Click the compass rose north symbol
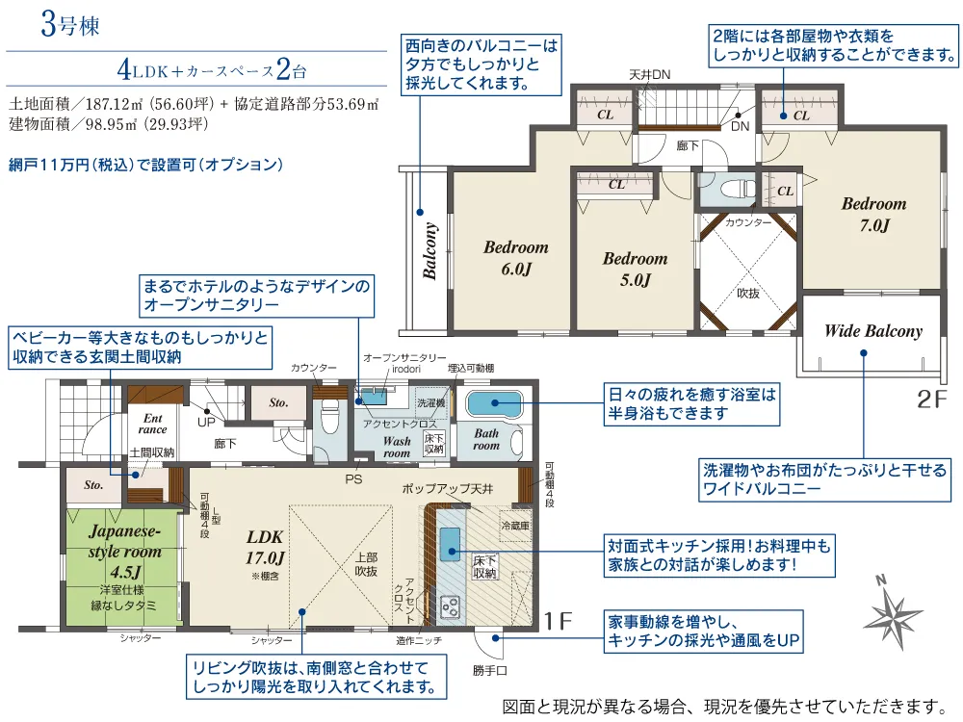[894, 611]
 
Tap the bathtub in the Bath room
[494, 403]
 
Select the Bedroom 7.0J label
[874, 215]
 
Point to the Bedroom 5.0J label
[635, 269]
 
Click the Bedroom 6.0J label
[516, 258]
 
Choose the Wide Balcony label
[873, 331]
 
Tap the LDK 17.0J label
[265, 548]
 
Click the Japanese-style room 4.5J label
[124, 552]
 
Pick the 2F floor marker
[932, 400]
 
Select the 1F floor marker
[558, 621]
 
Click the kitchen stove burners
[450, 606]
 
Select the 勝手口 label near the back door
[489, 670]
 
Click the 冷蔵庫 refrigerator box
[515, 526]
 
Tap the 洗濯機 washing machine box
[431, 402]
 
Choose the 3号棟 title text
[70, 26]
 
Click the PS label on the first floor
[353, 478]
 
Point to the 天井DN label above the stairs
[650, 75]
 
